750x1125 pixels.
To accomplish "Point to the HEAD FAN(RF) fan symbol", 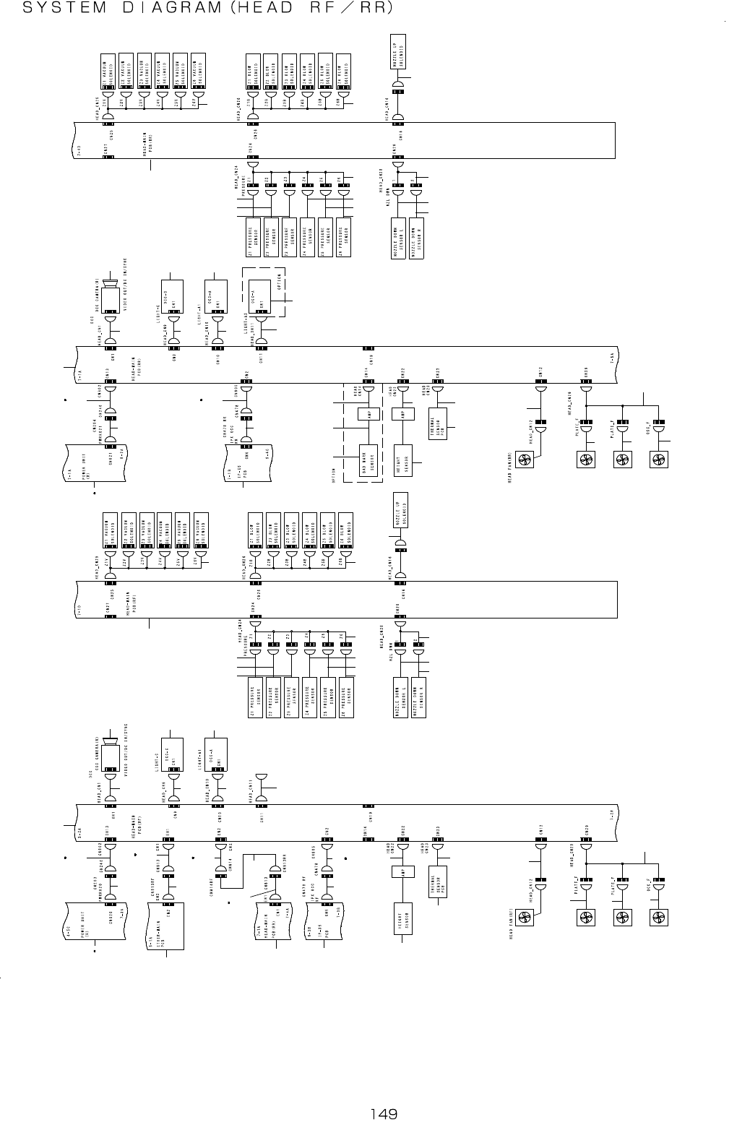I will pos(525,918).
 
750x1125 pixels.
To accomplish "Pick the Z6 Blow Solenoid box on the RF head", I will pos(345,530).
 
